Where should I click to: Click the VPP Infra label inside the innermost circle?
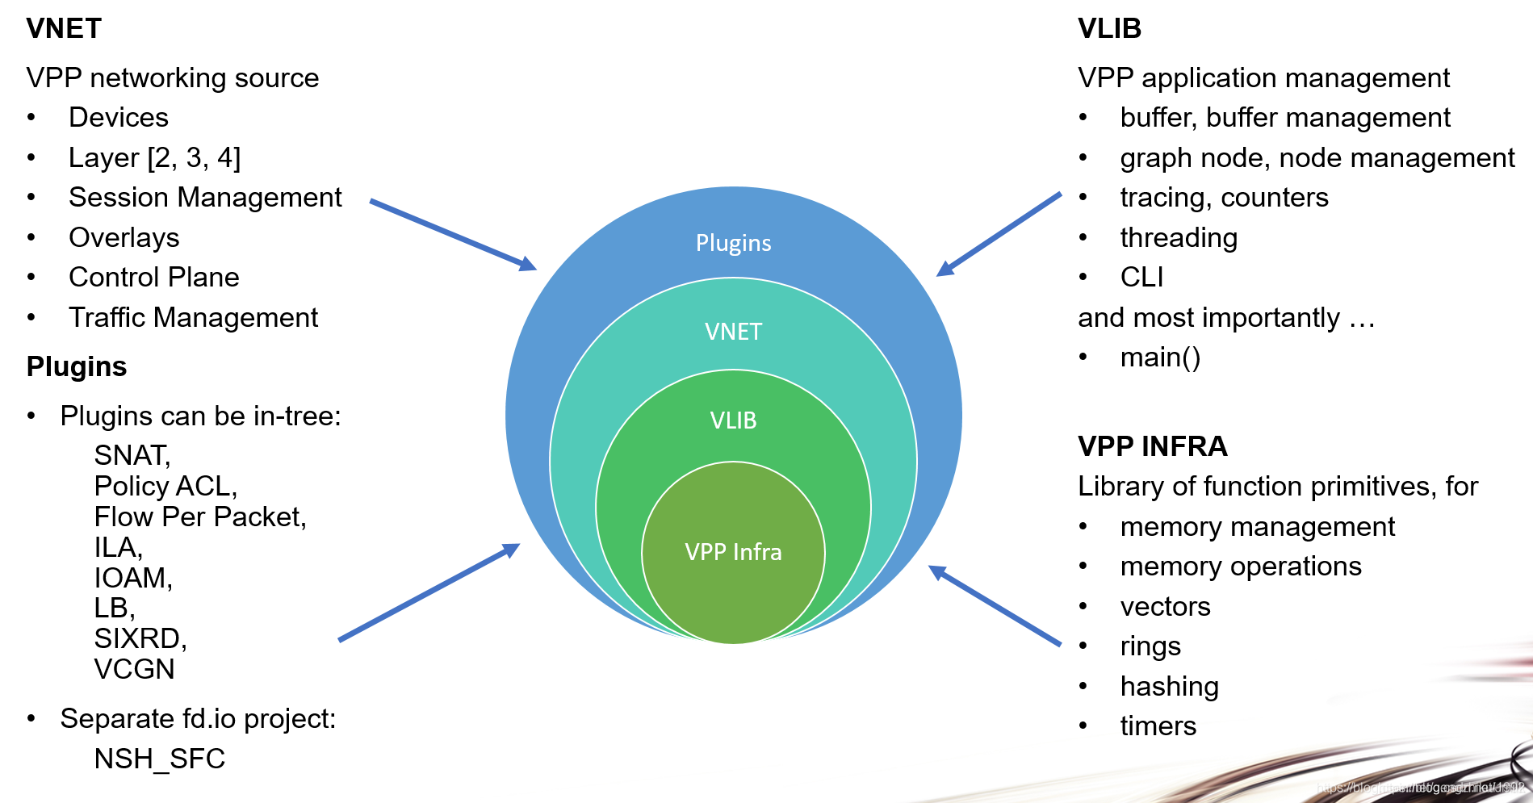(733, 552)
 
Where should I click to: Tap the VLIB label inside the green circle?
(733, 420)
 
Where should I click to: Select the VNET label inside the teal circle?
(733, 332)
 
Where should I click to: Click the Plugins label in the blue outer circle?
(733, 243)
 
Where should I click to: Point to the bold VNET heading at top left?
(64, 29)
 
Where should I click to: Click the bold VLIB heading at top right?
(1109, 29)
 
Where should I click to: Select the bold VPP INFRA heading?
(1152, 446)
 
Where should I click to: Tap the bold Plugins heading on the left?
(77, 367)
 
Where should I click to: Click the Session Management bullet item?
(205, 198)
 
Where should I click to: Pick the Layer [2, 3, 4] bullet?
(154, 157)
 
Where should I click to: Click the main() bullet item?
(1160, 358)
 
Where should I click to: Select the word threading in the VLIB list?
(1179, 238)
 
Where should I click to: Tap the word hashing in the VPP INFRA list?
(1169, 687)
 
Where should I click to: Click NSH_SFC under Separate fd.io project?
(159, 759)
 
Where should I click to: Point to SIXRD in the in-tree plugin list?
(140, 639)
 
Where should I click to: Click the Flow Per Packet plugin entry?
(199, 517)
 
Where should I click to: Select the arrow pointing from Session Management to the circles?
(452, 234)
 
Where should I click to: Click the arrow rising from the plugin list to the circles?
(429, 592)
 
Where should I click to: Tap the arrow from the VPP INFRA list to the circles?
(995, 605)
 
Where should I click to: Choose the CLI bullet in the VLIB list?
(1141, 278)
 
